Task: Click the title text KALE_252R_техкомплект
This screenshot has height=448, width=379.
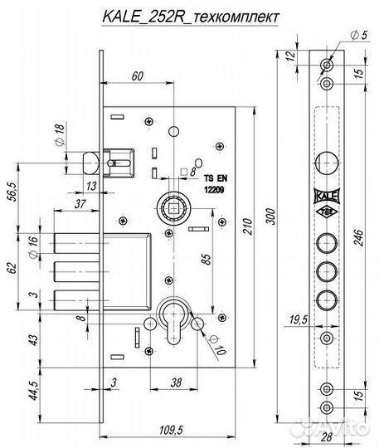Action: pyautogui.click(x=190, y=17)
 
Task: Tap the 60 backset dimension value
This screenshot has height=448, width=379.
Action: pyautogui.click(x=138, y=76)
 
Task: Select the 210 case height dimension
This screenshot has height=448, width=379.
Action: pyautogui.click(x=248, y=226)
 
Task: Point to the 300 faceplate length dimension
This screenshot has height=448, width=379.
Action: pyautogui.click(x=271, y=217)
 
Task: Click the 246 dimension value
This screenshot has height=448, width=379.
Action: pyautogui.click(x=358, y=237)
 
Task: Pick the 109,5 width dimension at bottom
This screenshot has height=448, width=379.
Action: pyautogui.click(x=171, y=431)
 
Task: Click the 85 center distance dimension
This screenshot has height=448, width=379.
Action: pyautogui.click(x=207, y=259)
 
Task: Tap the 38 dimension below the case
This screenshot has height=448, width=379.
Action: pyautogui.click(x=176, y=382)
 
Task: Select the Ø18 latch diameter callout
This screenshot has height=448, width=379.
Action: pyautogui.click(x=59, y=134)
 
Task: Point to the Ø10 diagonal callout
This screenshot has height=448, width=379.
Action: pyautogui.click(x=216, y=345)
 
